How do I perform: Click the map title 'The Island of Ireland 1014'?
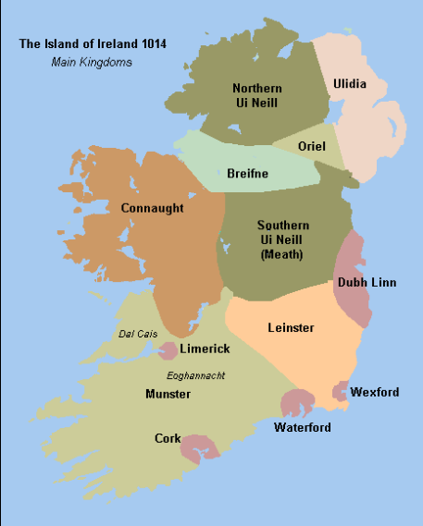coord(92,43)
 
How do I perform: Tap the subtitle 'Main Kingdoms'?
coord(92,62)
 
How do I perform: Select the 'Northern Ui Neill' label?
coord(256,95)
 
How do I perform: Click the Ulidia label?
coord(349,84)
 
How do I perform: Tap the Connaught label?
coord(153,208)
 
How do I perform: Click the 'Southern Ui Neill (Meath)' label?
coord(283,239)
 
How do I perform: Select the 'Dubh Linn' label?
coord(367,282)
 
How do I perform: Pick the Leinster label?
coord(291,327)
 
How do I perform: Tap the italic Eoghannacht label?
coord(196,375)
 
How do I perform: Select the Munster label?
coord(168,394)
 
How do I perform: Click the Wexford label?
coord(375,392)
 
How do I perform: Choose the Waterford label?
coord(303,427)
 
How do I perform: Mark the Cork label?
coord(168,438)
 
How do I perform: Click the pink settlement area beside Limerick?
coord(168,350)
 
